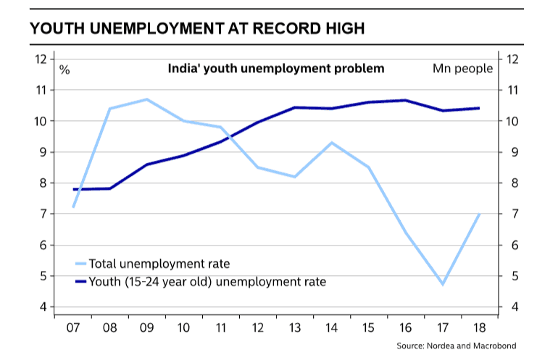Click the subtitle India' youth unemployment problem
click(276, 69)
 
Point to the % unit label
click(64, 70)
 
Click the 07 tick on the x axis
click(72, 327)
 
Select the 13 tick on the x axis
click(296, 327)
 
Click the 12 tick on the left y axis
click(41, 59)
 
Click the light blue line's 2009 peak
click(147, 99)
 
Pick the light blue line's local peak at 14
click(332, 143)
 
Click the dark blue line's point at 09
click(147, 164)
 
